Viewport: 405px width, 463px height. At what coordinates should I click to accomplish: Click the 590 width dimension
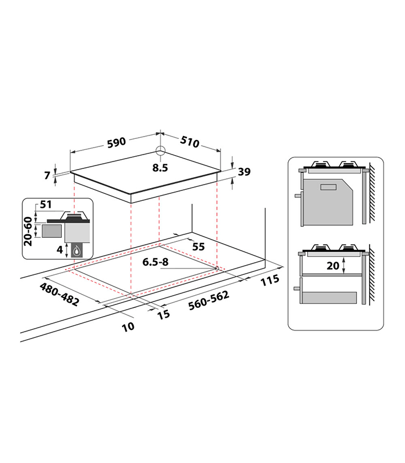pyautogui.click(x=116, y=142)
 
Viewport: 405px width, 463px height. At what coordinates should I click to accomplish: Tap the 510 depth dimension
pyautogui.click(x=190, y=142)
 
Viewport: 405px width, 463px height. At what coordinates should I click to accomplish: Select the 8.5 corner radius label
pyautogui.click(x=160, y=168)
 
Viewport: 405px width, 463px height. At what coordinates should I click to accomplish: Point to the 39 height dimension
pyautogui.click(x=244, y=171)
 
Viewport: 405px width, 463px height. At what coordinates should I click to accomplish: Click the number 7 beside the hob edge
pyautogui.click(x=47, y=175)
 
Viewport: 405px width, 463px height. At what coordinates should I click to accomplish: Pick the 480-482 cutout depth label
pyautogui.click(x=60, y=294)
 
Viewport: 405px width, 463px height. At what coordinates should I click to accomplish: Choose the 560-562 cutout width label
pyautogui.click(x=209, y=300)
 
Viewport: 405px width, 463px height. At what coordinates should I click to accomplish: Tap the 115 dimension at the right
pyautogui.click(x=270, y=280)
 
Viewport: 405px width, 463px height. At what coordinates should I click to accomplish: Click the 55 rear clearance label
pyautogui.click(x=198, y=247)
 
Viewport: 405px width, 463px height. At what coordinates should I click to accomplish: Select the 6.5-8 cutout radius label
pyautogui.click(x=156, y=262)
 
